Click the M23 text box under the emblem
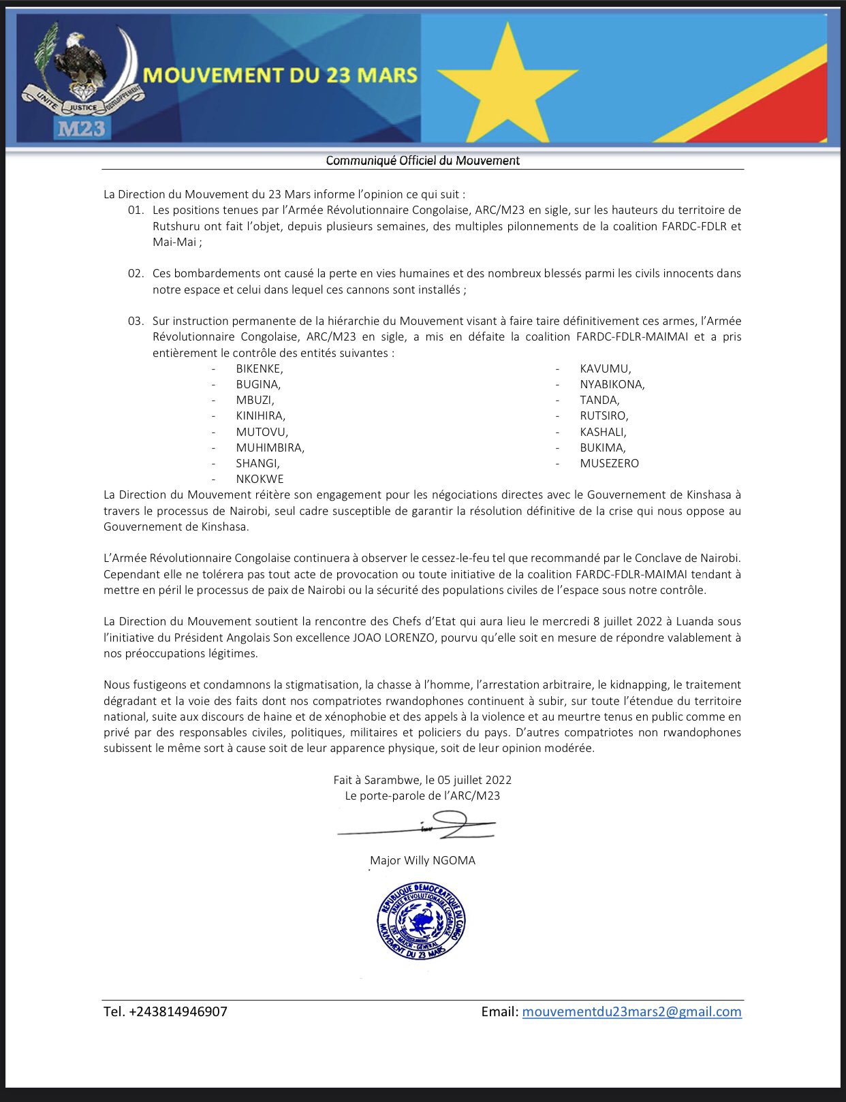[x=81, y=128]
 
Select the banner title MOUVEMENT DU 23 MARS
[x=280, y=75]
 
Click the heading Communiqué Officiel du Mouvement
[x=422, y=161]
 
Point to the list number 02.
[x=136, y=273]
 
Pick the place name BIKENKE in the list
[x=259, y=368]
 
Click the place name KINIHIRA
[x=260, y=415]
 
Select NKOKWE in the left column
[x=260, y=479]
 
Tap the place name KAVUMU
[x=605, y=368]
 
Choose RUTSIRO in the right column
[x=604, y=415]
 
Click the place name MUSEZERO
[x=609, y=463]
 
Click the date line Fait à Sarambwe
[x=422, y=780]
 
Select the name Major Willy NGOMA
[x=422, y=860]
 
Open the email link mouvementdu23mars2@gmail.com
[x=631, y=1011]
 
